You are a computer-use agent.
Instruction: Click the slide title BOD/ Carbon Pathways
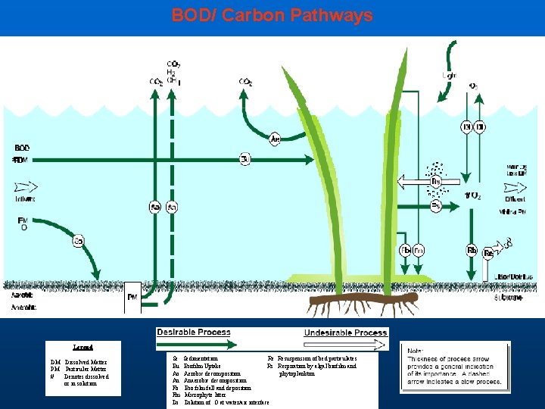click(x=272, y=15)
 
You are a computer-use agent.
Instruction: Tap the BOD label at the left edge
click(x=23, y=148)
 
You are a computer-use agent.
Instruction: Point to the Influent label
click(x=24, y=198)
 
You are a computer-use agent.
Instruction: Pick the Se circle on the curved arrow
click(x=79, y=241)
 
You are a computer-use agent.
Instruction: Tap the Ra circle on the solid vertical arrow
click(x=155, y=207)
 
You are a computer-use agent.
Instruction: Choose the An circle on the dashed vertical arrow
click(x=172, y=207)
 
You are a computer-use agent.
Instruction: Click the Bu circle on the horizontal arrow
click(x=244, y=159)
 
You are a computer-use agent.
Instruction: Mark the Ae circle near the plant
click(x=276, y=139)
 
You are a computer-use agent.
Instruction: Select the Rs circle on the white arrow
click(x=435, y=182)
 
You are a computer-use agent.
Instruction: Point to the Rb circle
click(x=472, y=251)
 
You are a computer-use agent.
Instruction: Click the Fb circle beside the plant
click(x=405, y=250)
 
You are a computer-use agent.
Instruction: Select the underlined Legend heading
click(x=84, y=346)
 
